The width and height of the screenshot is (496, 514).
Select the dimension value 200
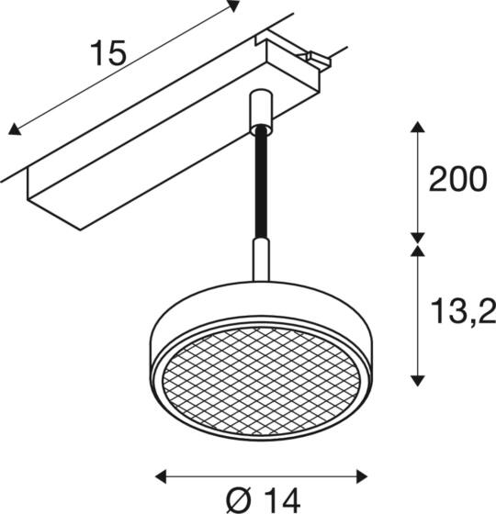point(457,180)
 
